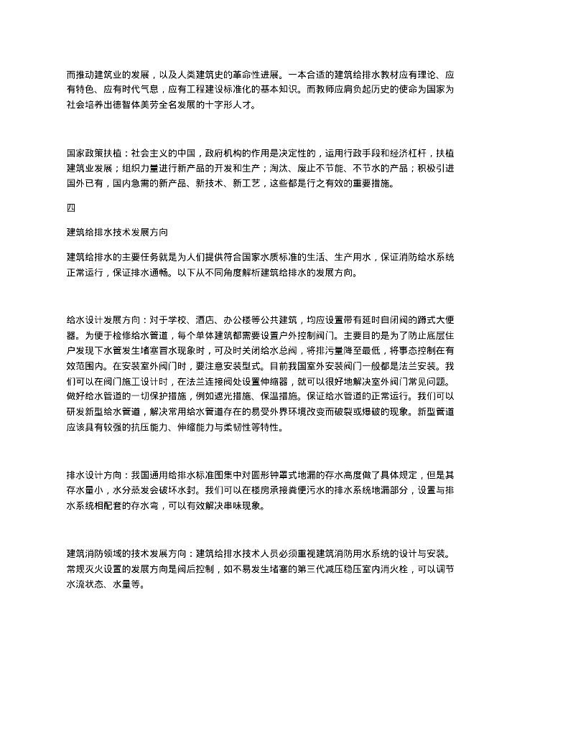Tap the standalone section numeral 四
pyautogui.click(x=70, y=208)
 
